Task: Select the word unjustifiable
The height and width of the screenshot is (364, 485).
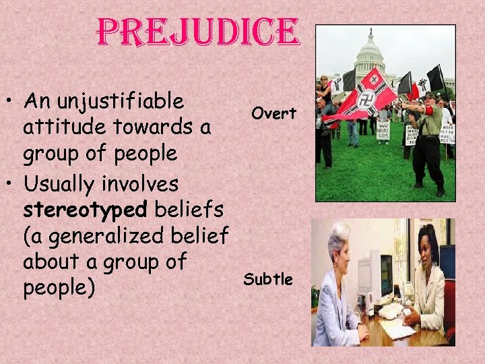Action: [x=124, y=102]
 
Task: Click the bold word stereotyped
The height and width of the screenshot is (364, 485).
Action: [x=85, y=210]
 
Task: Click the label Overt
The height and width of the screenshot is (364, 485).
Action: [x=273, y=114]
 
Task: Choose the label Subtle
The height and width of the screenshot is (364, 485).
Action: [x=268, y=279]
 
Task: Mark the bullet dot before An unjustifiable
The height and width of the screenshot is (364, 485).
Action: [x=12, y=104]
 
